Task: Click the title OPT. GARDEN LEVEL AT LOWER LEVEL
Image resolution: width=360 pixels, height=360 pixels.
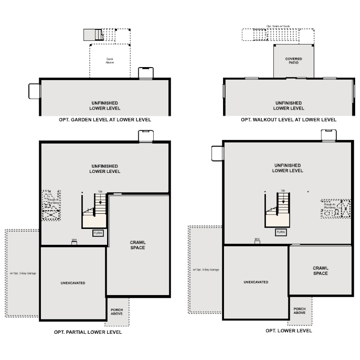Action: (x=105, y=120)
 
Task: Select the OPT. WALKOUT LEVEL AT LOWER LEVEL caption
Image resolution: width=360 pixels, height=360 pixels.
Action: (x=288, y=120)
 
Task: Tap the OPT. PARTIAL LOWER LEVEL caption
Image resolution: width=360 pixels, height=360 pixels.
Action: (x=88, y=332)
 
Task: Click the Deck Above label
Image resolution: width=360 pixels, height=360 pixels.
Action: (x=110, y=61)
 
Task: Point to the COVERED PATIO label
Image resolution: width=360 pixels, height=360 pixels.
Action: (x=294, y=61)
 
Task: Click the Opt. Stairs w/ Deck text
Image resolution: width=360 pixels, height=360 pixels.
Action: (x=277, y=26)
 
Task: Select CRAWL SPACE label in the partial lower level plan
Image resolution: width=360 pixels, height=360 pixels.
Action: (x=138, y=245)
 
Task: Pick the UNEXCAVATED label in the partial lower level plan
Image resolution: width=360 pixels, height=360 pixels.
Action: (x=73, y=283)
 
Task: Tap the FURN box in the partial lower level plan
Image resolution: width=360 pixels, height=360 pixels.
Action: (x=98, y=233)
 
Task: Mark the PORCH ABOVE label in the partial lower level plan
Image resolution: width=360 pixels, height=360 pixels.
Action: (x=117, y=312)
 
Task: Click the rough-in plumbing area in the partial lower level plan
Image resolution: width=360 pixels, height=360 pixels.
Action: (x=52, y=205)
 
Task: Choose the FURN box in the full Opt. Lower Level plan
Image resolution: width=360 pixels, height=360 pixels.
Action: (x=281, y=232)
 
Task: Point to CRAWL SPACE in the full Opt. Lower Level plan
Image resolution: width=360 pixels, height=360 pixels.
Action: (x=320, y=271)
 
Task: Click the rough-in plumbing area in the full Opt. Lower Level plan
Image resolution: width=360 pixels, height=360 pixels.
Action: (x=335, y=208)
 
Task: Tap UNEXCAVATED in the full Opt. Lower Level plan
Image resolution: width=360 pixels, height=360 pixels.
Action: (x=256, y=282)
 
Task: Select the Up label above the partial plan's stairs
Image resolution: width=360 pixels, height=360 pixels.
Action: (x=100, y=192)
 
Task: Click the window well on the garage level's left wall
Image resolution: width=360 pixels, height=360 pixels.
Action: (x=35, y=91)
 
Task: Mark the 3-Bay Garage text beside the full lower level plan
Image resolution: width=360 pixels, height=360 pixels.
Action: (x=206, y=270)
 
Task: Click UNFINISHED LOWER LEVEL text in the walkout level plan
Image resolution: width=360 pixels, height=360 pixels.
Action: (x=288, y=106)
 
